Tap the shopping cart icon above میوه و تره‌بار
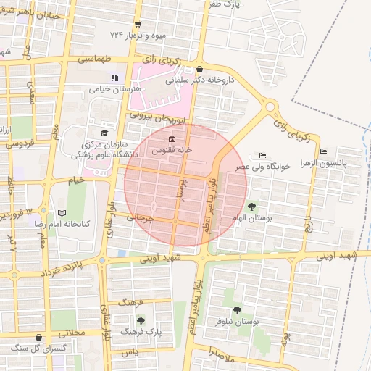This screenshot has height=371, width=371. point(137,24)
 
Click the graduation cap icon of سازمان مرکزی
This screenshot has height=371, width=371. point(104,133)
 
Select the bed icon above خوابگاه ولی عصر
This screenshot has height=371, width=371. point(262,154)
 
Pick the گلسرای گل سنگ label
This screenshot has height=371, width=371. point(35,348)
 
